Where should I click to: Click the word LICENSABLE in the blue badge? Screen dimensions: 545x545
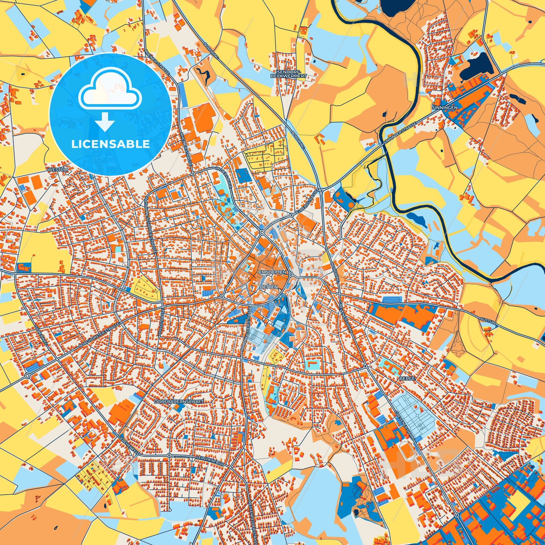(110, 144)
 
